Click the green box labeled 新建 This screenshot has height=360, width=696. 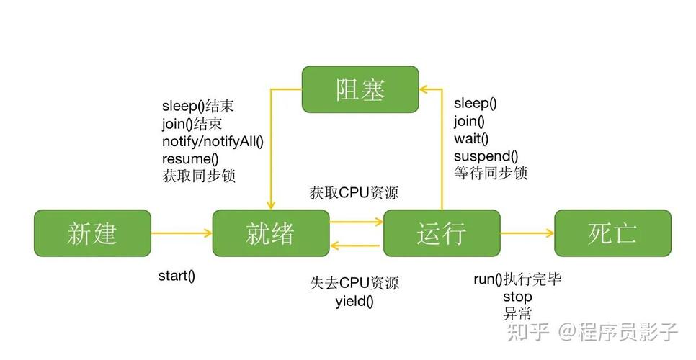92,233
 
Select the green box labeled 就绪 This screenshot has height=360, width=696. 271,233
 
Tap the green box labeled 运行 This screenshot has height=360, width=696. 441,233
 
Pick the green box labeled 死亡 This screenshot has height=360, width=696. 612,233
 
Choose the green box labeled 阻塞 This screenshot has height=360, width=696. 360,89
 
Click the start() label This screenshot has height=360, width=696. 177,276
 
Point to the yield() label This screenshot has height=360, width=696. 354,301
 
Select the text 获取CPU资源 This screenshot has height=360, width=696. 354,193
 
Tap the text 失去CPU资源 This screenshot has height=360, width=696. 354,282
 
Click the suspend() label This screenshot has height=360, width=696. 486,156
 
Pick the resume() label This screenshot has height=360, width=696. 190,158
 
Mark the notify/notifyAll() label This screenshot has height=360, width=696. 213,141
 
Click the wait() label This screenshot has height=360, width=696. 471,138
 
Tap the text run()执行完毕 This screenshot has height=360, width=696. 517,279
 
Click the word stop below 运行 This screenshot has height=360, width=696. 517,297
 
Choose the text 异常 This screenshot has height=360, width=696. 517,314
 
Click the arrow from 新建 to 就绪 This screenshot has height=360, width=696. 182,233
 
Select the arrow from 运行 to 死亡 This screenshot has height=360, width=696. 527,233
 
